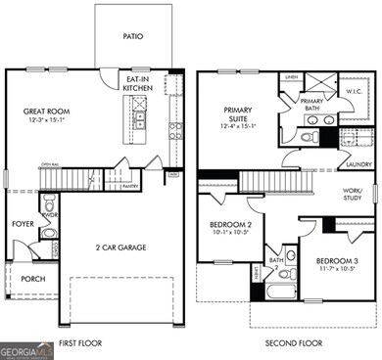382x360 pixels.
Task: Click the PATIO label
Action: click(x=132, y=36)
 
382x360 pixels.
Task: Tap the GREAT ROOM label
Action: click(x=44, y=112)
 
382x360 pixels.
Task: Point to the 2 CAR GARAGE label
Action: click(x=122, y=248)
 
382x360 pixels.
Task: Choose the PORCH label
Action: click(x=32, y=279)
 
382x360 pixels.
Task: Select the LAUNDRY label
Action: click(x=358, y=165)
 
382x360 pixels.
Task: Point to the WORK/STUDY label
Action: click(x=353, y=195)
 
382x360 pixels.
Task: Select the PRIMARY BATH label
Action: click(x=312, y=104)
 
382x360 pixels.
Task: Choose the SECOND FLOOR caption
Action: click(x=293, y=344)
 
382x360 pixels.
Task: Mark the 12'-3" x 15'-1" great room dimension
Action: click(x=44, y=122)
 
